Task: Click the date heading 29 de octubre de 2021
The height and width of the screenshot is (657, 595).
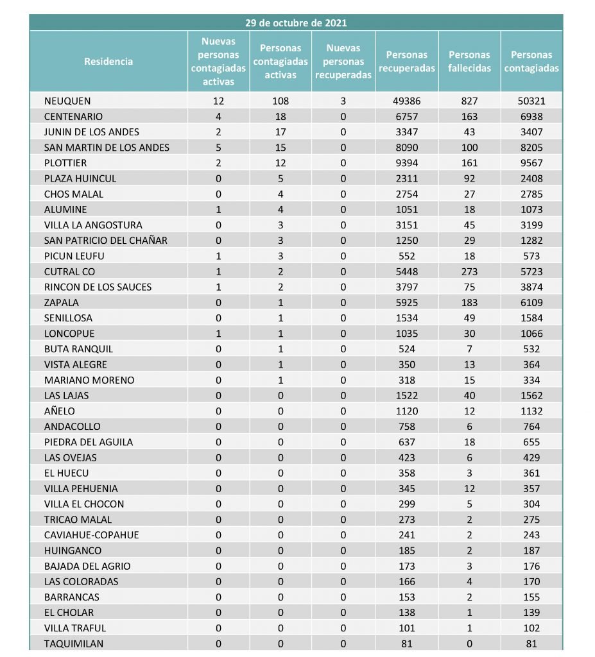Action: (296, 22)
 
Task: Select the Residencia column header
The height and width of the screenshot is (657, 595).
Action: (108, 62)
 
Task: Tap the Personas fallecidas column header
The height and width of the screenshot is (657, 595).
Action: (469, 62)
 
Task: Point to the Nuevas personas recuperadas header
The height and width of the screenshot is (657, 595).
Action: (343, 62)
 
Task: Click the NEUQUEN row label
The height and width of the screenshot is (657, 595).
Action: (67, 101)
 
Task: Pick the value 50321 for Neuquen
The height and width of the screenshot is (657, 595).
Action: (531, 101)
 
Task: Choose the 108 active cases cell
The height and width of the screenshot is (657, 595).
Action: (280, 101)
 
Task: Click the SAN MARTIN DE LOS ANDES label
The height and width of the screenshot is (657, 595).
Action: (107, 148)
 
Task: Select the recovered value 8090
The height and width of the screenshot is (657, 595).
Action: (406, 148)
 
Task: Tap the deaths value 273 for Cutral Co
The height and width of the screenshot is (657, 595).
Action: (469, 271)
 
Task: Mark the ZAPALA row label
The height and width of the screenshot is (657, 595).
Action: (62, 302)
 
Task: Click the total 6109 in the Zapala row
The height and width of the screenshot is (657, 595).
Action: (531, 302)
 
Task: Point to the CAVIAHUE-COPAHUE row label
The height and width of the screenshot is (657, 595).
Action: (91, 535)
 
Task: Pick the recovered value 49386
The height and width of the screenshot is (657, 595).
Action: (406, 101)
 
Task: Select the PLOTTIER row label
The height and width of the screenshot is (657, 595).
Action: (65, 163)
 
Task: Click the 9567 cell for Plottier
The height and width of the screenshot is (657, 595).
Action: (531, 163)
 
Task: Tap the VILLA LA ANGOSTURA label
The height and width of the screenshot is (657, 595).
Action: (93, 225)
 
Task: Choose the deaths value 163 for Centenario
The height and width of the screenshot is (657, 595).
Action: (469, 117)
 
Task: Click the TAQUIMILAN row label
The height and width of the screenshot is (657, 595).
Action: (74, 644)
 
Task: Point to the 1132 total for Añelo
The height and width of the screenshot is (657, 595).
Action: (531, 411)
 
